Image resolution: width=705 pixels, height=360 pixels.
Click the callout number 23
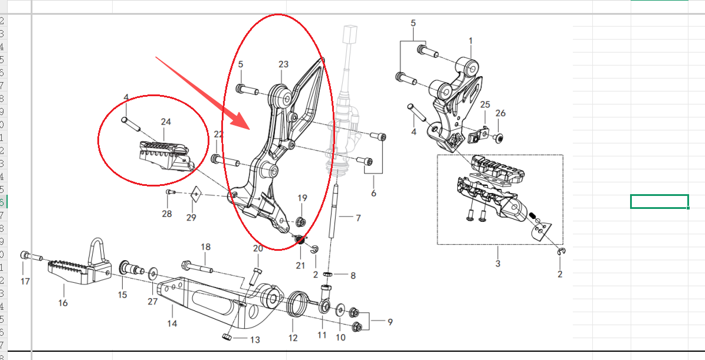(284, 64)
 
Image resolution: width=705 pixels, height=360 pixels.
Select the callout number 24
(166, 122)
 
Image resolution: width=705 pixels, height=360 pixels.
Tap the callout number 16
(63, 303)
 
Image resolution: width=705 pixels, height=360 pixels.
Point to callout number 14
(172, 324)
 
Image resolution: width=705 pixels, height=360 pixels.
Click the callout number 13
(255, 339)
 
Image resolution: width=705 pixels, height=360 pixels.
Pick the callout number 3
(497, 263)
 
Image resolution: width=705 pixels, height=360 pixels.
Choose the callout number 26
(500, 113)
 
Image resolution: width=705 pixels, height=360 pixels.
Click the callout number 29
(191, 218)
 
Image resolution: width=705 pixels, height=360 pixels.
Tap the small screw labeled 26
(499, 138)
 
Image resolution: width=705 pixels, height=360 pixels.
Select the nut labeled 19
(300, 222)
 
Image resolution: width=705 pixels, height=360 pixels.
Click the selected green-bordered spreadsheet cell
(659, 201)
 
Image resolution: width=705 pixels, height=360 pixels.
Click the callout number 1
(471, 41)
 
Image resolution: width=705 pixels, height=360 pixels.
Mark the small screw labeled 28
(170, 192)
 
